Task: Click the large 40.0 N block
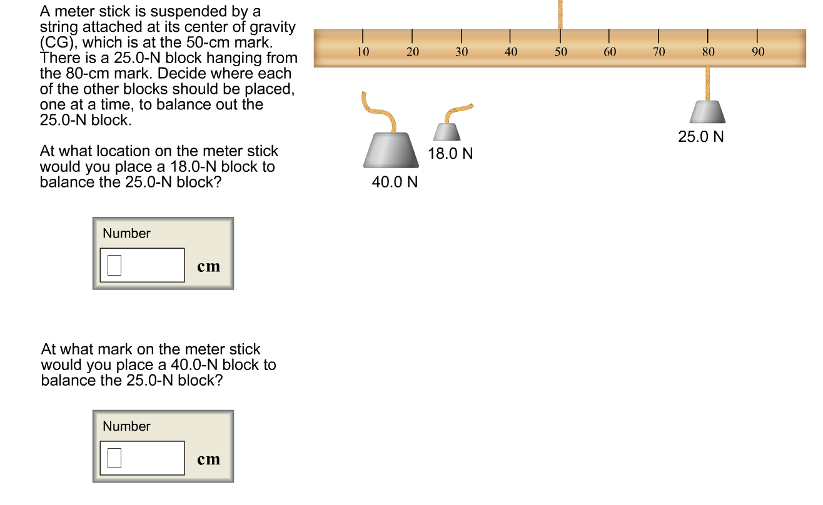(391, 150)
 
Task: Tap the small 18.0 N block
(447, 131)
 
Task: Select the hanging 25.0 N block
(707, 112)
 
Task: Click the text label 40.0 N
(395, 182)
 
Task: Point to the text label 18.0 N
(450, 154)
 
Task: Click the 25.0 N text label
(701, 137)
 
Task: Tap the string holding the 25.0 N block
(708, 82)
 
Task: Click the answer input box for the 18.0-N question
(142, 265)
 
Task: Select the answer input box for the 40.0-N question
(142, 458)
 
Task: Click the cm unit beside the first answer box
(208, 266)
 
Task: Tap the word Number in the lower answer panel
(126, 426)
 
